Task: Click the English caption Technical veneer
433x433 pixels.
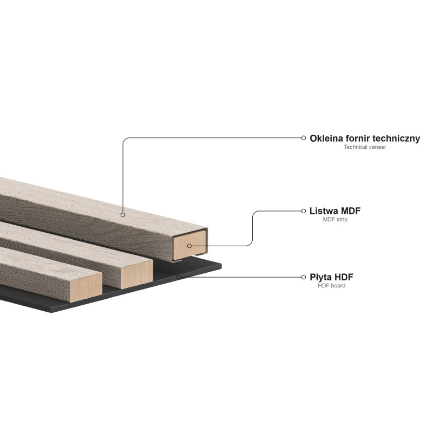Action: (x=365, y=147)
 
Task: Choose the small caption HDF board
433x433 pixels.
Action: (x=332, y=286)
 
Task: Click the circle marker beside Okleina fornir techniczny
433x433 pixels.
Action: (x=304, y=137)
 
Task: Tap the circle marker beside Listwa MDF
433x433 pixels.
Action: (x=304, y=211)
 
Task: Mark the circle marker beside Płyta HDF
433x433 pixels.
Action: (x=304, y=277)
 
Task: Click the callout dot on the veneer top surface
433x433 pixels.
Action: (x=123, y=215)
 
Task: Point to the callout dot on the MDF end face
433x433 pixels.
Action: (x=189, y=246)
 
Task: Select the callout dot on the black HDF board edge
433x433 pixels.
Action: (x=178, y=277)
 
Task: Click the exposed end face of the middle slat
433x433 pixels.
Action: (x=136, y=274)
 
